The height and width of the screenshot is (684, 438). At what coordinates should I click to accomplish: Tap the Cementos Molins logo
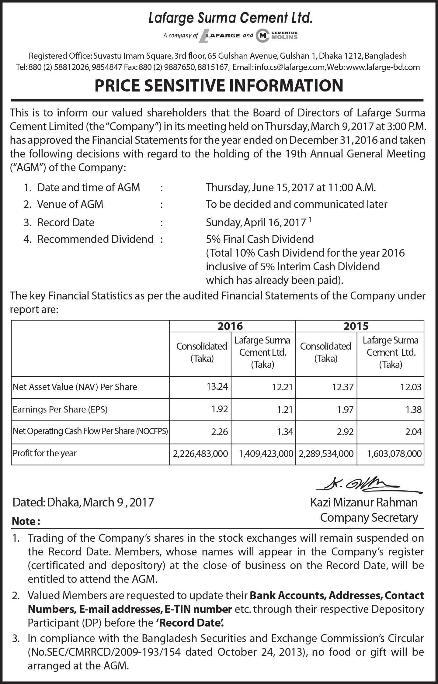click(276, 36)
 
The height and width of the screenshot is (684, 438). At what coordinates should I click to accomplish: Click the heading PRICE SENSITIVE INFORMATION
click(219, 85)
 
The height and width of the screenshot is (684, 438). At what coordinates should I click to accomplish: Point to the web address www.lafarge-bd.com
click(383, 67)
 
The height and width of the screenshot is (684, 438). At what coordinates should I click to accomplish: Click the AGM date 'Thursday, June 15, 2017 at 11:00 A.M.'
click(291, 187)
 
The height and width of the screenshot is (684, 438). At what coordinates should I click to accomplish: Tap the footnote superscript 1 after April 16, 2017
click(310, 219)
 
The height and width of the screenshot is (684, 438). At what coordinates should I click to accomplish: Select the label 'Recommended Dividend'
click(95, 239)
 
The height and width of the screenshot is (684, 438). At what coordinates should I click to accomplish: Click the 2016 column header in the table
click(230, 326)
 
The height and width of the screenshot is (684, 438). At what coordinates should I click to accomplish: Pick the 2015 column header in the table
click(356, 326)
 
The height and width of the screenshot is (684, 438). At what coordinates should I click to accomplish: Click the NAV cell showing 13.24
click(217, 386)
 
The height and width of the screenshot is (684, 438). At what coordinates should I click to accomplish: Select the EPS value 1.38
click(413, 409)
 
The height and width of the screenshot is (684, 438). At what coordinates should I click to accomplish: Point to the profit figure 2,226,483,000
click(200, 454)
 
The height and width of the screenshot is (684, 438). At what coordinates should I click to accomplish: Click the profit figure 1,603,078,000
click(394, 454)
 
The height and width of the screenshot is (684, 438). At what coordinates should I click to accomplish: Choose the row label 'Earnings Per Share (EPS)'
click(60, 409)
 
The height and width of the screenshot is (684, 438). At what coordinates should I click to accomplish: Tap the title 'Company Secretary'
click(369, 517)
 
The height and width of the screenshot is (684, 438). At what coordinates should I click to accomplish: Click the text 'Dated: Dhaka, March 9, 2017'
click(83, 502)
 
